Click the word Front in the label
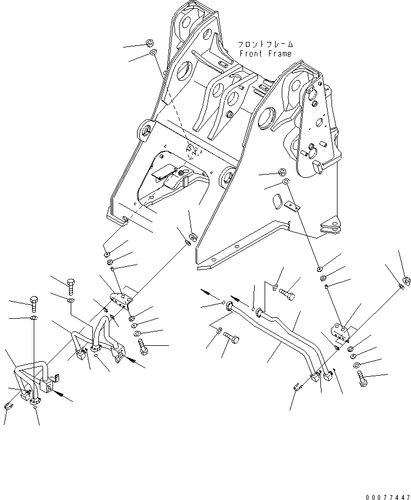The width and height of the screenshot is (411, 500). click(x=251, y=54)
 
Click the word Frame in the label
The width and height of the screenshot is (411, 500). click(x=279, y=54)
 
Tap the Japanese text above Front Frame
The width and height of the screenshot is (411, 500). click(x=265, y=44)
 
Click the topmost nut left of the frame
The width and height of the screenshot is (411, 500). click(x=150, y=43)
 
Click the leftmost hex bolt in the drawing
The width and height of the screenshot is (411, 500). click(x=34, y=303)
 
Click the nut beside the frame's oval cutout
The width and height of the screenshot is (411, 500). click(x=281, y=171)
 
